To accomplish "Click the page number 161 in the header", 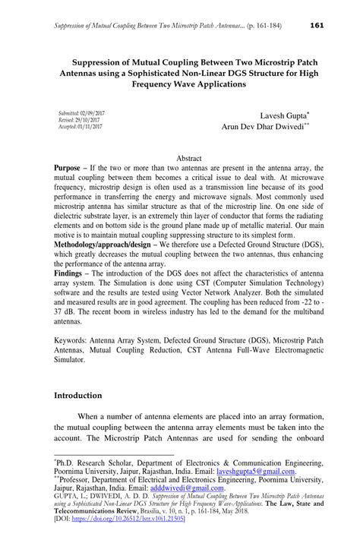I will click(x=317, y=26).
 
